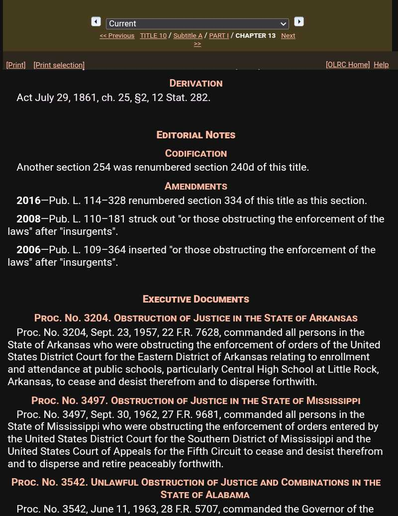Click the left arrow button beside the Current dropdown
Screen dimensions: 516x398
click(96, 21)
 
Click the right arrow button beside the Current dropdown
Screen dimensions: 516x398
click(299, 21)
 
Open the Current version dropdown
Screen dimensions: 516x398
click(197, 24)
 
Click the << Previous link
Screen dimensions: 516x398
click(117, 36)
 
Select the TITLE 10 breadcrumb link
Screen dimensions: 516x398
click(153, 36)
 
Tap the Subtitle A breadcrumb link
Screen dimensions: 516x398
click(188, 36)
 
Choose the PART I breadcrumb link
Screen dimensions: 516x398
click(219, 36)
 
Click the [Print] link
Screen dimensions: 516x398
click(16, 65)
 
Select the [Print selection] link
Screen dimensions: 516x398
click(59, 65)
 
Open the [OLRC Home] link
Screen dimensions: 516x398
click(348, 65)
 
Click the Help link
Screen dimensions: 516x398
click(381, 65)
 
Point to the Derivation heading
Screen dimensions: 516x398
click(196, 83)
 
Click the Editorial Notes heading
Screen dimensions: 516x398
click(196, 135)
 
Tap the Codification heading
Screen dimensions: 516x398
click(196, 153)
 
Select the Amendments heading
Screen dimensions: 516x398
click(196, 186)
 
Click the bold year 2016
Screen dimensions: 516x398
click(28, 201)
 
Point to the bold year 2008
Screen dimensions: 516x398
click(28, 219)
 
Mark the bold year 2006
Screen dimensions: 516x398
click(28, 250)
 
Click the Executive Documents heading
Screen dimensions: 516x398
click(196, 299)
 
